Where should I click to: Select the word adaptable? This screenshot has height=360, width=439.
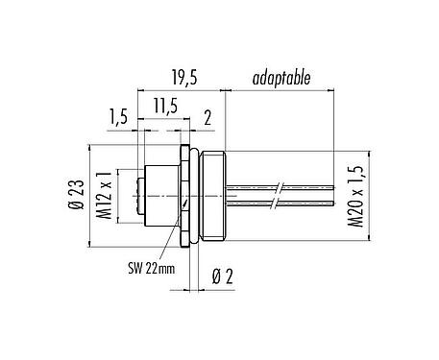click(280, 78)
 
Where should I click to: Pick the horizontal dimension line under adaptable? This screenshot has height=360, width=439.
click(279, 91)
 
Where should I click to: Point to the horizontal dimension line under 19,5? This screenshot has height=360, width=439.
click(182, 91)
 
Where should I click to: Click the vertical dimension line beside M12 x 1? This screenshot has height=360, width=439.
click(117, 196)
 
